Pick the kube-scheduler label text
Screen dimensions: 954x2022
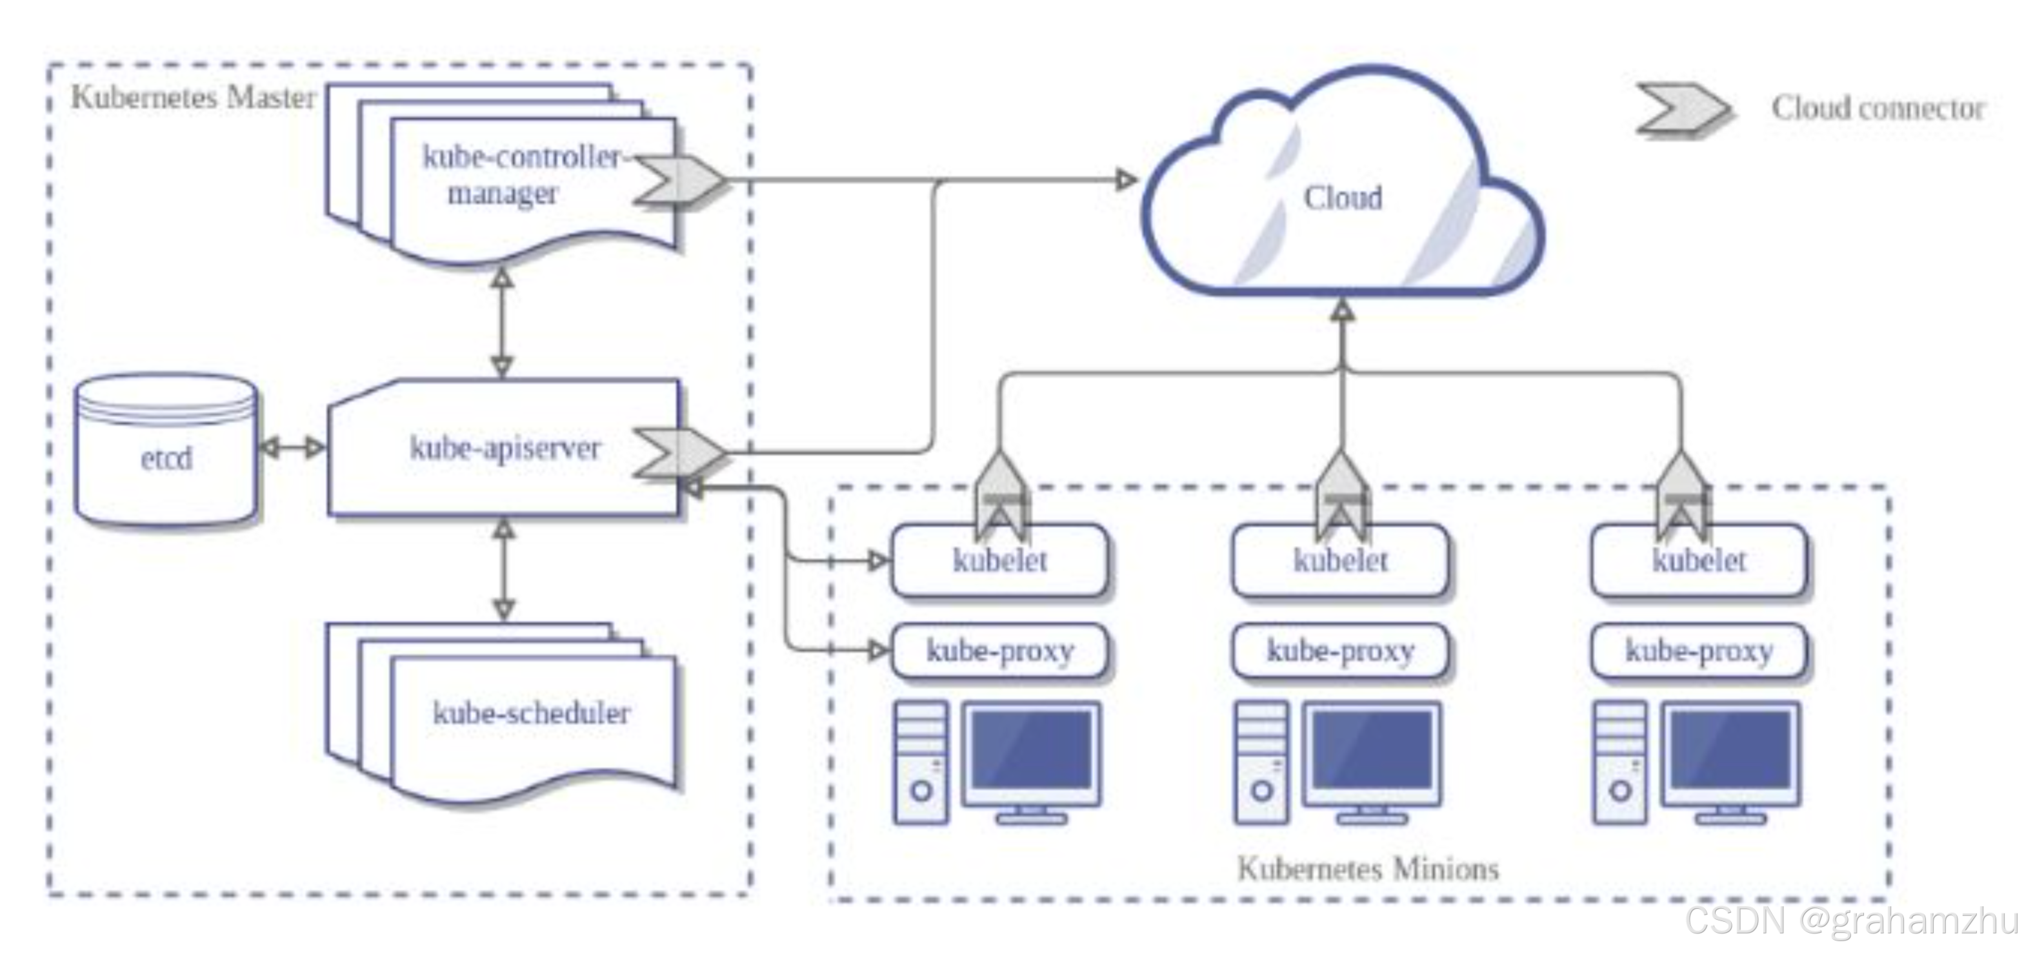point(532,713)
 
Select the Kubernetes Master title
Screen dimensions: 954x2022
point(193,97)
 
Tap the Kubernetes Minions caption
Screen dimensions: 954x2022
point(1367,869)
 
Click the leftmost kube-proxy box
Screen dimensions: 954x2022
point(999,650)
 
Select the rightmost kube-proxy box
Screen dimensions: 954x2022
point(1699,650)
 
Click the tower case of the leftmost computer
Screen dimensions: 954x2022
point(921,762)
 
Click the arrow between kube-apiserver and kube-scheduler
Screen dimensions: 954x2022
point(503,569)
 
